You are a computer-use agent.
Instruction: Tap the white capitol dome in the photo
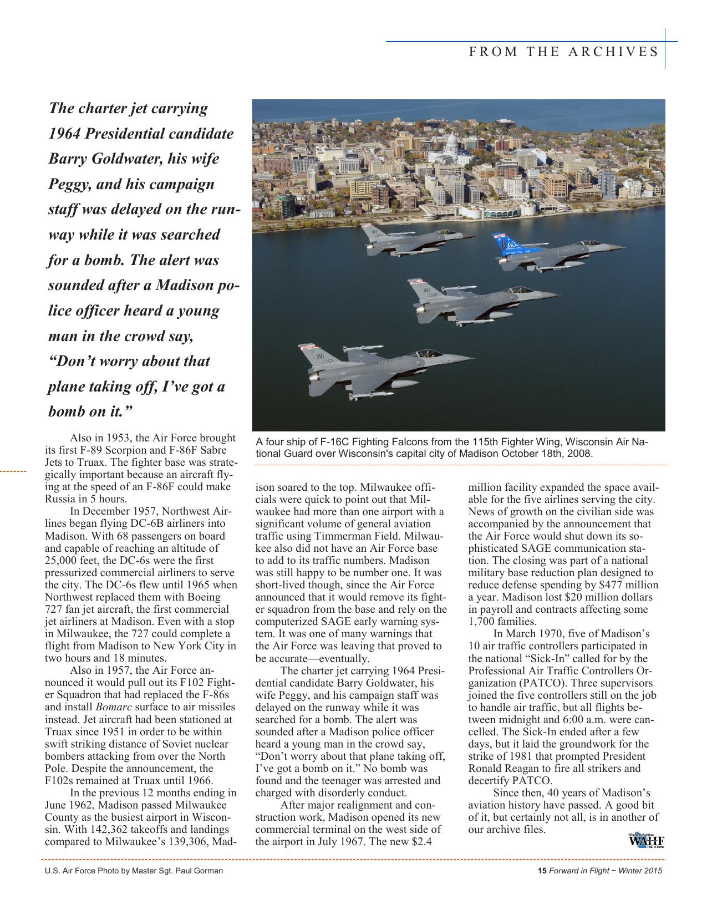452,142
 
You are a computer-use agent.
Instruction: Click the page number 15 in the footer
542,871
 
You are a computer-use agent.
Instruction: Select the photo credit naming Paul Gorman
134,871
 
